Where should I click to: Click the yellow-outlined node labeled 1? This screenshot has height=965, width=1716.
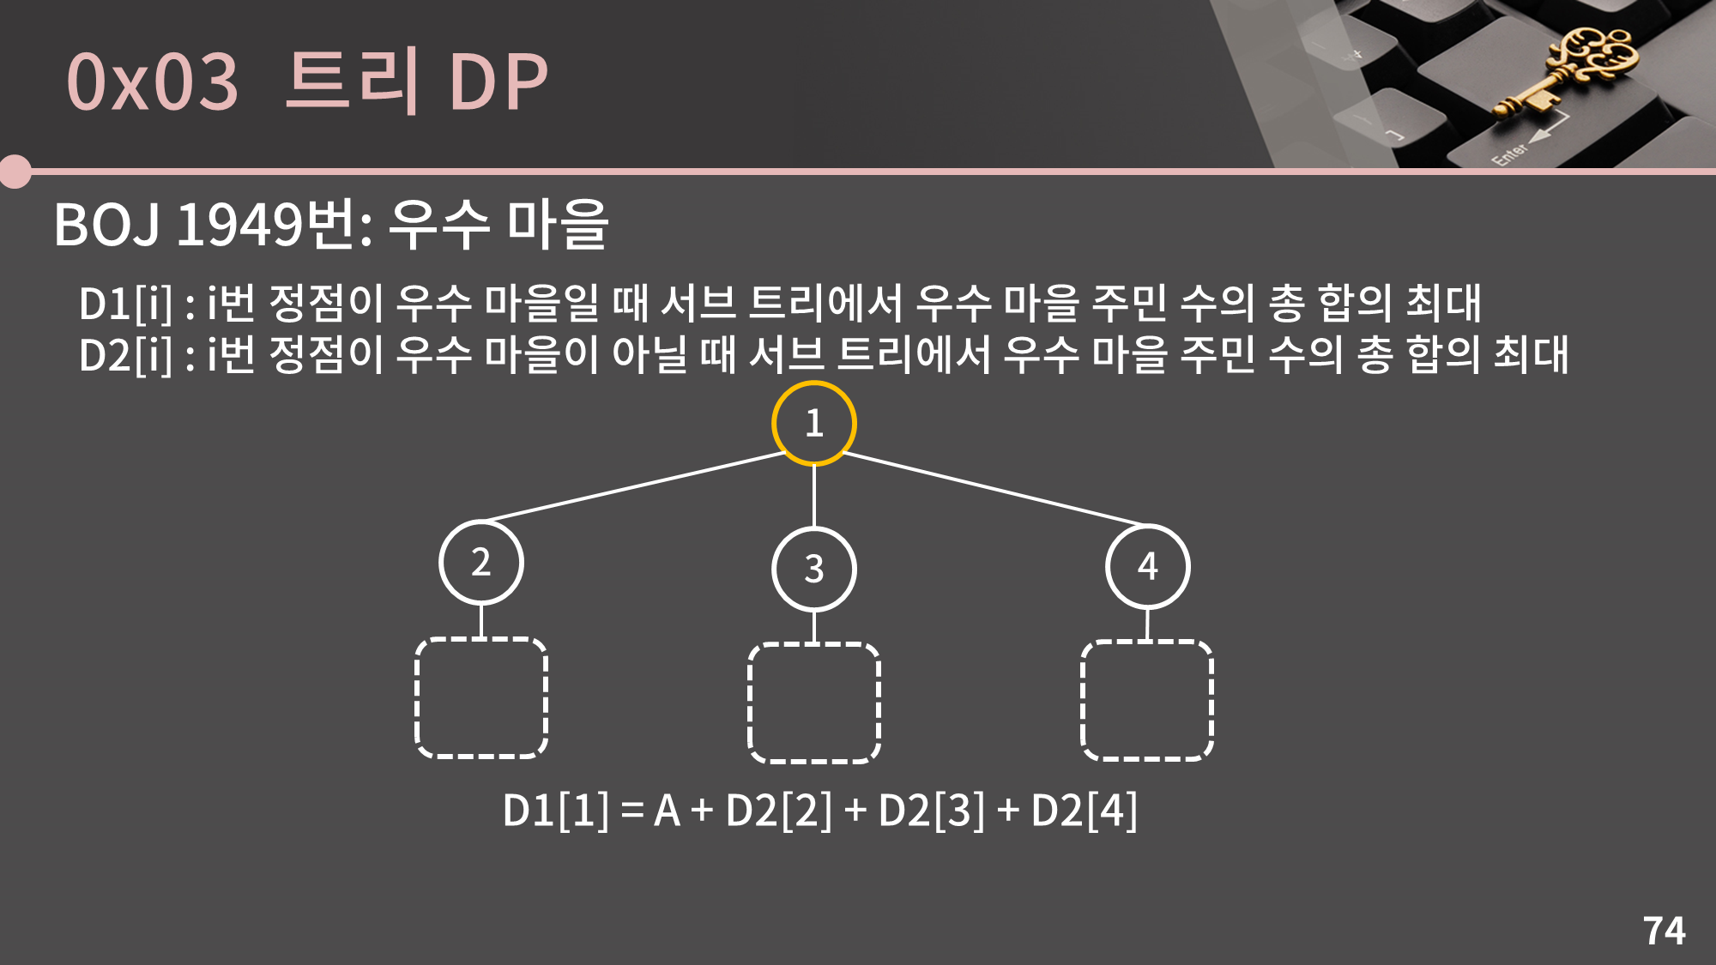(x=813, y=423)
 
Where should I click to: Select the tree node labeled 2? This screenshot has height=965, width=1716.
(x=480, y=563)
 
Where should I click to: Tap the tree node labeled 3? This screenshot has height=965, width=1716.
(x=813, y=569)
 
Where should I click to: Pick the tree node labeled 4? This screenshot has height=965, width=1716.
(x=1147, y=566)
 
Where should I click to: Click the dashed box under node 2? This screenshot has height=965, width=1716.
(x=481, y=697)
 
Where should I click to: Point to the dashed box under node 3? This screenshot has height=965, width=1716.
(x=814, y=703)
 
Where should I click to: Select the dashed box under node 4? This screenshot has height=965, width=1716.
(x=1147, y=700)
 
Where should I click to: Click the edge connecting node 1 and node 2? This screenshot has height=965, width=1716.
(x=635, y=486)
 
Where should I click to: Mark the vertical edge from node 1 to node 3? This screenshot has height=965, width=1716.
(x=813, y=496)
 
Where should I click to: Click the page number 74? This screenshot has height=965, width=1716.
(x=1664, y=931)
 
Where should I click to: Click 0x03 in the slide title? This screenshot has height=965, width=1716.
(x=152, y=82)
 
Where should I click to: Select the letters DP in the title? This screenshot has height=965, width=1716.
(x=498, y=82)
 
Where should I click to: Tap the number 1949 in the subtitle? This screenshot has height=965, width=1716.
(x=239, y=225)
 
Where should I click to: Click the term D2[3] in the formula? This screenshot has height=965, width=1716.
(x=931, y=811)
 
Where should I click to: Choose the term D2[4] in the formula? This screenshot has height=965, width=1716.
(x=1084, y=811)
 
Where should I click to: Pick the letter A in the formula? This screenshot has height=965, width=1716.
(x=667, y=811)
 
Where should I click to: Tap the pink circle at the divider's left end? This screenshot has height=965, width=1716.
(x=15, y=172)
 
